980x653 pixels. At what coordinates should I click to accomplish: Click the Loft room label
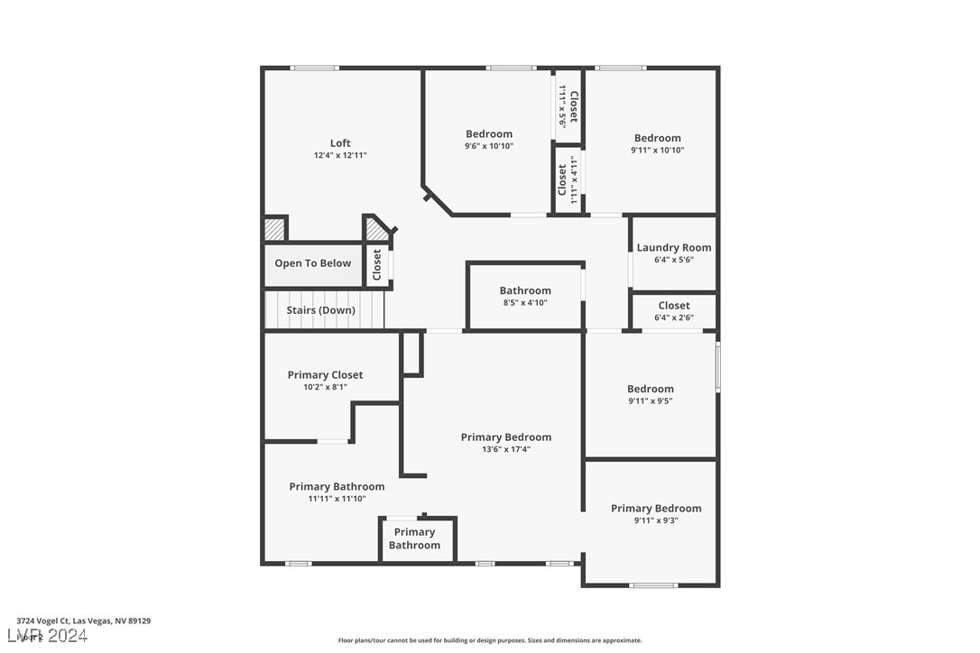click(340, 143)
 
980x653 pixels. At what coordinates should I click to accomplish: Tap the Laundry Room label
click(674, 248)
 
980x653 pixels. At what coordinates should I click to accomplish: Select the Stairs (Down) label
click(321, 310)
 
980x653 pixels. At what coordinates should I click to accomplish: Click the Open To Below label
click(313, 263)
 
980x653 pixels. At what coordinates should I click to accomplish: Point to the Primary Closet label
click(325, 375)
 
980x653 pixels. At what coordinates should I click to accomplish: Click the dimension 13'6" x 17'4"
click(506, 449)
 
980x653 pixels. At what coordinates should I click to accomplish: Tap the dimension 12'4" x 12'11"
click(340, 155)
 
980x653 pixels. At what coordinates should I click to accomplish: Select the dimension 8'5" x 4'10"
click(525, 302)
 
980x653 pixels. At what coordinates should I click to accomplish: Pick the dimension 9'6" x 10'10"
click(489, 146)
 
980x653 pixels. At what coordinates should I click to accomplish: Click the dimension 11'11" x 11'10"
click(337, 498)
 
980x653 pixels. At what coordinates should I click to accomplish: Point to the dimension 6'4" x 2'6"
click(674, 317)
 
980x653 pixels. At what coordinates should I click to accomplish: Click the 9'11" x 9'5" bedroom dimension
click(651, 400)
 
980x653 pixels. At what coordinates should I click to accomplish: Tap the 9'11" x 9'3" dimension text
click(656, 520)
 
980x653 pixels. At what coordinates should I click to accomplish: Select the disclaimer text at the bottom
click(490, 640)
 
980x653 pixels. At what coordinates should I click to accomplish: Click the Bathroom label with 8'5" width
click(525, 290)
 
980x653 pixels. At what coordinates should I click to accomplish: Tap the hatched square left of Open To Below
click(274, 230)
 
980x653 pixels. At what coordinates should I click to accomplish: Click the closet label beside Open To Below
click(377, 264)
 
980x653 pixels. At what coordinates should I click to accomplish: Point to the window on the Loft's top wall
click(315, 68)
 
